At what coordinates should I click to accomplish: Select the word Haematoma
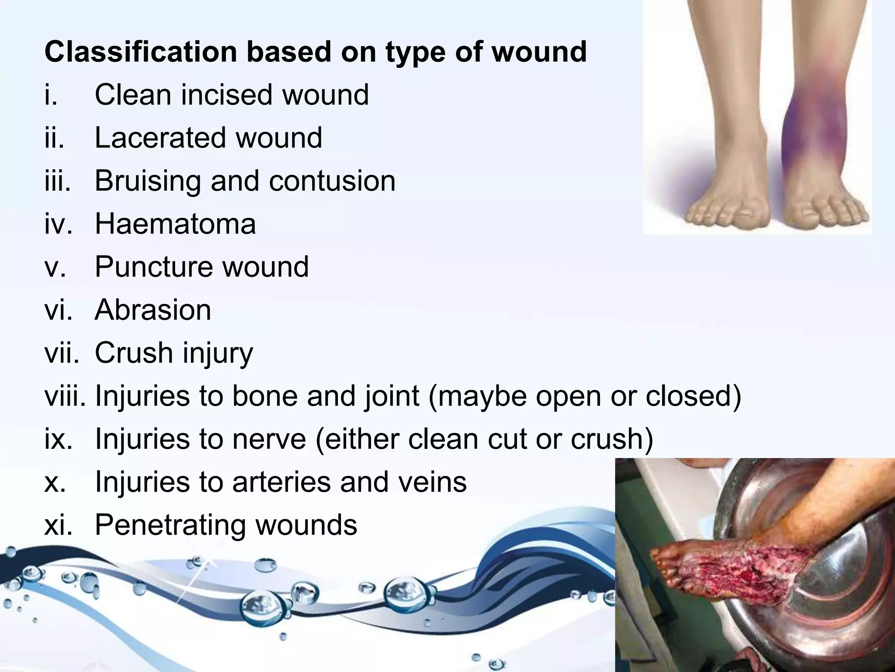[175, 224]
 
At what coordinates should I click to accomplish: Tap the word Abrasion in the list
[153, 310]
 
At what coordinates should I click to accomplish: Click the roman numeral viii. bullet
[65, 396]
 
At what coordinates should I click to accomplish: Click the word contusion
[332, 181]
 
